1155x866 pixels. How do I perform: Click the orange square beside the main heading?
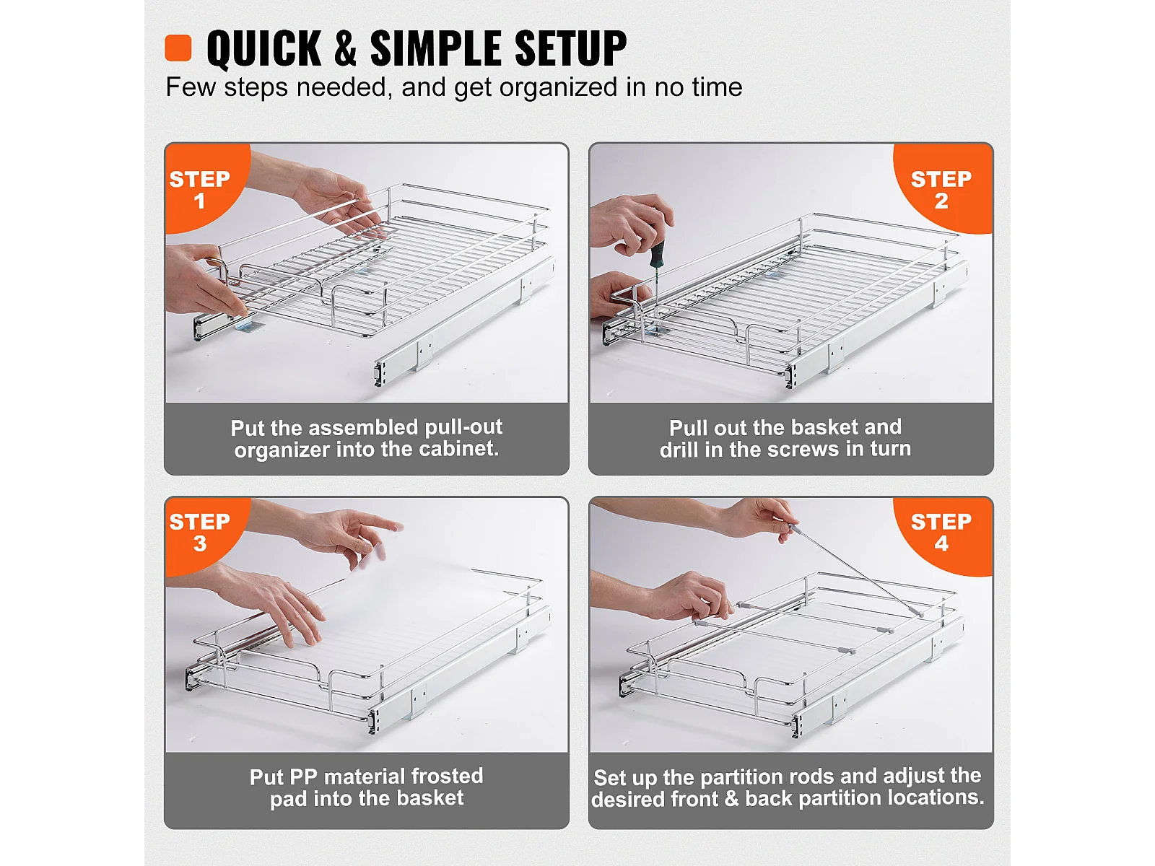(x=178, y=48)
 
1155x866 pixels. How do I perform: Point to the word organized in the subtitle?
(x=558, y=88)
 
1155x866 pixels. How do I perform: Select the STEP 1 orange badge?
(x=203, y=188)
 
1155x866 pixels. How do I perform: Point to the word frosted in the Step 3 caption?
(x=447, y=776)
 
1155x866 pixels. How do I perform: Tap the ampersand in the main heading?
(x=345, y=48)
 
